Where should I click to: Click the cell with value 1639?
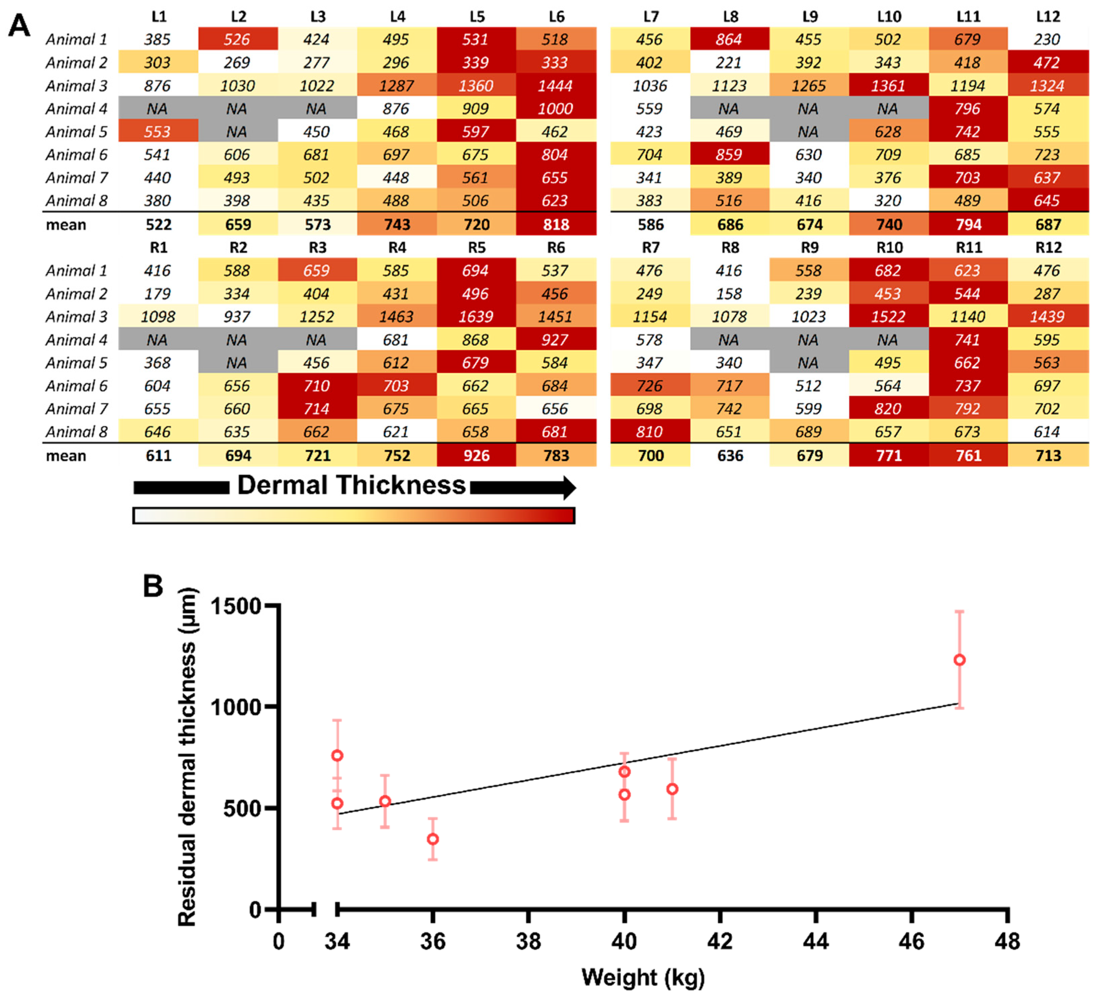[476, 317]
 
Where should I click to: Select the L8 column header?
[730, 16]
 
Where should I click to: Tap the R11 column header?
[968, 248]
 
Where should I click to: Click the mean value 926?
[476, 456]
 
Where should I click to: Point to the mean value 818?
[555, 225]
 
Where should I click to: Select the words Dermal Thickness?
[351, 485]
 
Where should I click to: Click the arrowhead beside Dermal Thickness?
[569, 488]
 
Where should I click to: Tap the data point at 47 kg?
[959, 660]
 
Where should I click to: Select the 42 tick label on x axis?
[720, 941]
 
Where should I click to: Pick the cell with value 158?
[729, 294]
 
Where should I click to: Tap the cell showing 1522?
[888, 317]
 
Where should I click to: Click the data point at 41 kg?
[672, 789]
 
